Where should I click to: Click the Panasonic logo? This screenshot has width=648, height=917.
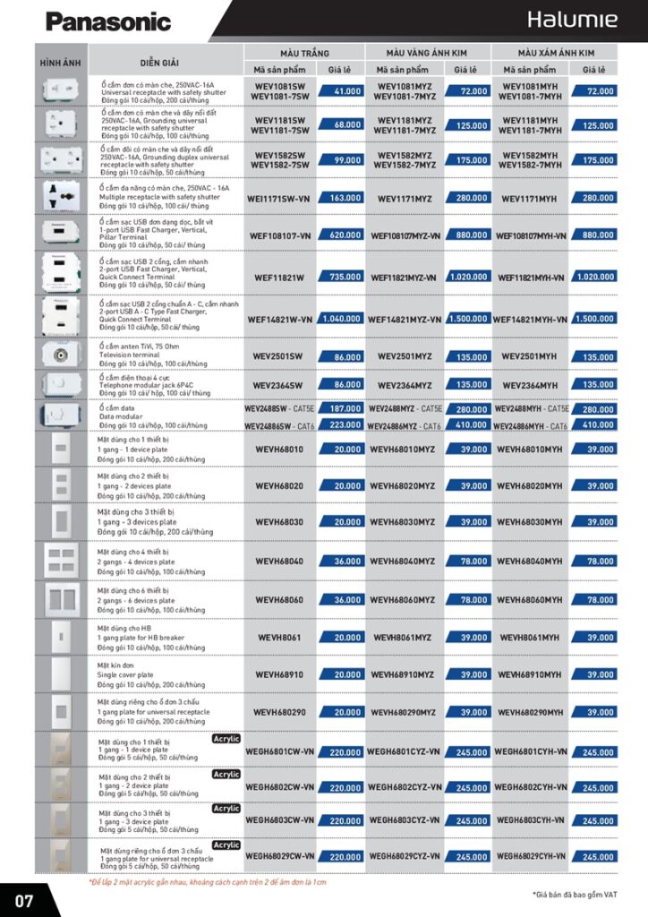click(107, 21)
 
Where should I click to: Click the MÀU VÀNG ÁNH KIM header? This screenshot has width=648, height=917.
click(427, 53)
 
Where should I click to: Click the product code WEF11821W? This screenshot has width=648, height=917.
click(279, 278)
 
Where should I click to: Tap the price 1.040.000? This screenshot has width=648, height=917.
click(341, 319)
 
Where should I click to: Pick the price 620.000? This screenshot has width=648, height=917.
click(341, 236)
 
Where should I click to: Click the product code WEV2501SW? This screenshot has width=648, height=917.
click(279, 356)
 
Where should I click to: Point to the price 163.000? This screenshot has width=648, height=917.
click(341, 198)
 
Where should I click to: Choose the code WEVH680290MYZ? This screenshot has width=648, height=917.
click(403, 713)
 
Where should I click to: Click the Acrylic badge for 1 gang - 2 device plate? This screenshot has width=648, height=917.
click(226, 775)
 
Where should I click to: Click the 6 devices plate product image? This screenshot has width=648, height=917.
click(61, 597)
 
